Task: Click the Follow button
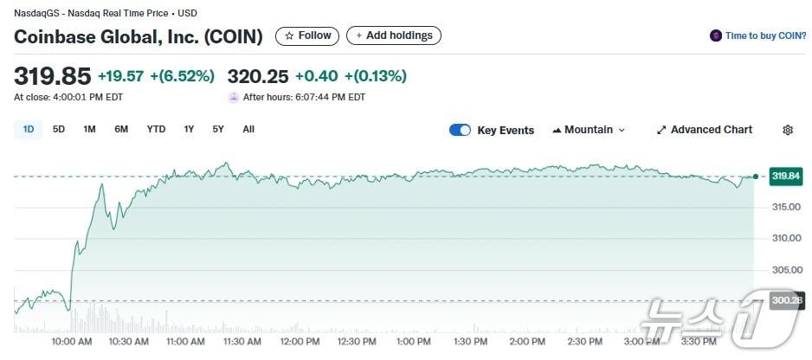307,35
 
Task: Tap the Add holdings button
394,35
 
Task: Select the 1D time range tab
29,130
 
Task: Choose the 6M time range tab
121,130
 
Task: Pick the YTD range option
156,130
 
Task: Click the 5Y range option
218,130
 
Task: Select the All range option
248,130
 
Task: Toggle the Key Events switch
460,130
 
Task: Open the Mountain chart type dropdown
589,130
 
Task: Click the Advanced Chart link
705,130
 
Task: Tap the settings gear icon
788,130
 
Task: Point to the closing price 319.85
52,76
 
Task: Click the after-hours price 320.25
257,76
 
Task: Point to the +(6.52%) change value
182,76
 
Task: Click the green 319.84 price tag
786,177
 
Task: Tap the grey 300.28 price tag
786,300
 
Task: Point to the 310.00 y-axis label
785,238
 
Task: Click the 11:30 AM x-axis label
243,342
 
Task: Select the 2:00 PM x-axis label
527,342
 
